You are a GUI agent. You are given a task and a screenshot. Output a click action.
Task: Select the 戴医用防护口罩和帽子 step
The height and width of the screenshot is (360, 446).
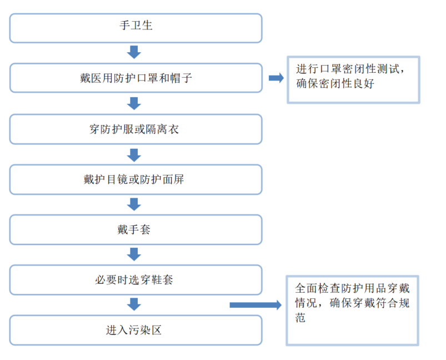pyautogui.click(x=136, y=78)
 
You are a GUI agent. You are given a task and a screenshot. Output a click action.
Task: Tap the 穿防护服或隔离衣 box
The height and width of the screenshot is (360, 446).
pyautogui.click(x=136, y=129)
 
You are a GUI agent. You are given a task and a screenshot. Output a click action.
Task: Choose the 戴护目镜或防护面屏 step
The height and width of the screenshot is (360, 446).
pyautogui.click(x=136, y=180)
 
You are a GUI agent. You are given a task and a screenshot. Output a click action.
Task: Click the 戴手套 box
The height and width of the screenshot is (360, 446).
pyautogui.click(x=136, y=230)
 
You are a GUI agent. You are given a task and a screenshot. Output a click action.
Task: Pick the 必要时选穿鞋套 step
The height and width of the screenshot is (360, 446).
pyautogui.click(x=136, y=280)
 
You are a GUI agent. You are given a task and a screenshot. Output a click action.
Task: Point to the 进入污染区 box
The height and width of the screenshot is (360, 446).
pyautogui.click(x=136, y=330)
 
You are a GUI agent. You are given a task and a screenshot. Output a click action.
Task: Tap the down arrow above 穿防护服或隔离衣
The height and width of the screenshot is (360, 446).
pyautogui.click(x=134, y=103)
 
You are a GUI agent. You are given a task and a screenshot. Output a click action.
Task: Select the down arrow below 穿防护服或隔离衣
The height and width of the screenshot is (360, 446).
pyautogui.click(x=134, y=154)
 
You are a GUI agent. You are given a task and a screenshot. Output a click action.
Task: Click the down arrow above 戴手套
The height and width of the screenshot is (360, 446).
pyautogui.click(x=134, y=204)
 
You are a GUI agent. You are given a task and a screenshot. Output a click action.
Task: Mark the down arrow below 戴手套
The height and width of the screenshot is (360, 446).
pyautogui.click(x=134, y=254)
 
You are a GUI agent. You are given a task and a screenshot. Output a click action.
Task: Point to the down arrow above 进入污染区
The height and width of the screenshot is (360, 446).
pyautogui.click(x=134, y=304)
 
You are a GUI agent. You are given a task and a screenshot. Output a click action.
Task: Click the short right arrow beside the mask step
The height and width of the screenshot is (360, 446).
pyautogui.click(x=275, y=78)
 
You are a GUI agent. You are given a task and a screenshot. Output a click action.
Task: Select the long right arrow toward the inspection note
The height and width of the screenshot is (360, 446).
pyautogui.click(x=255, y=304)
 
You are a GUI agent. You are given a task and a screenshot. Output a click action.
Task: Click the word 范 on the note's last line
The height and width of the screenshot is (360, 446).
pyautogui.click(x=300, y=318)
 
